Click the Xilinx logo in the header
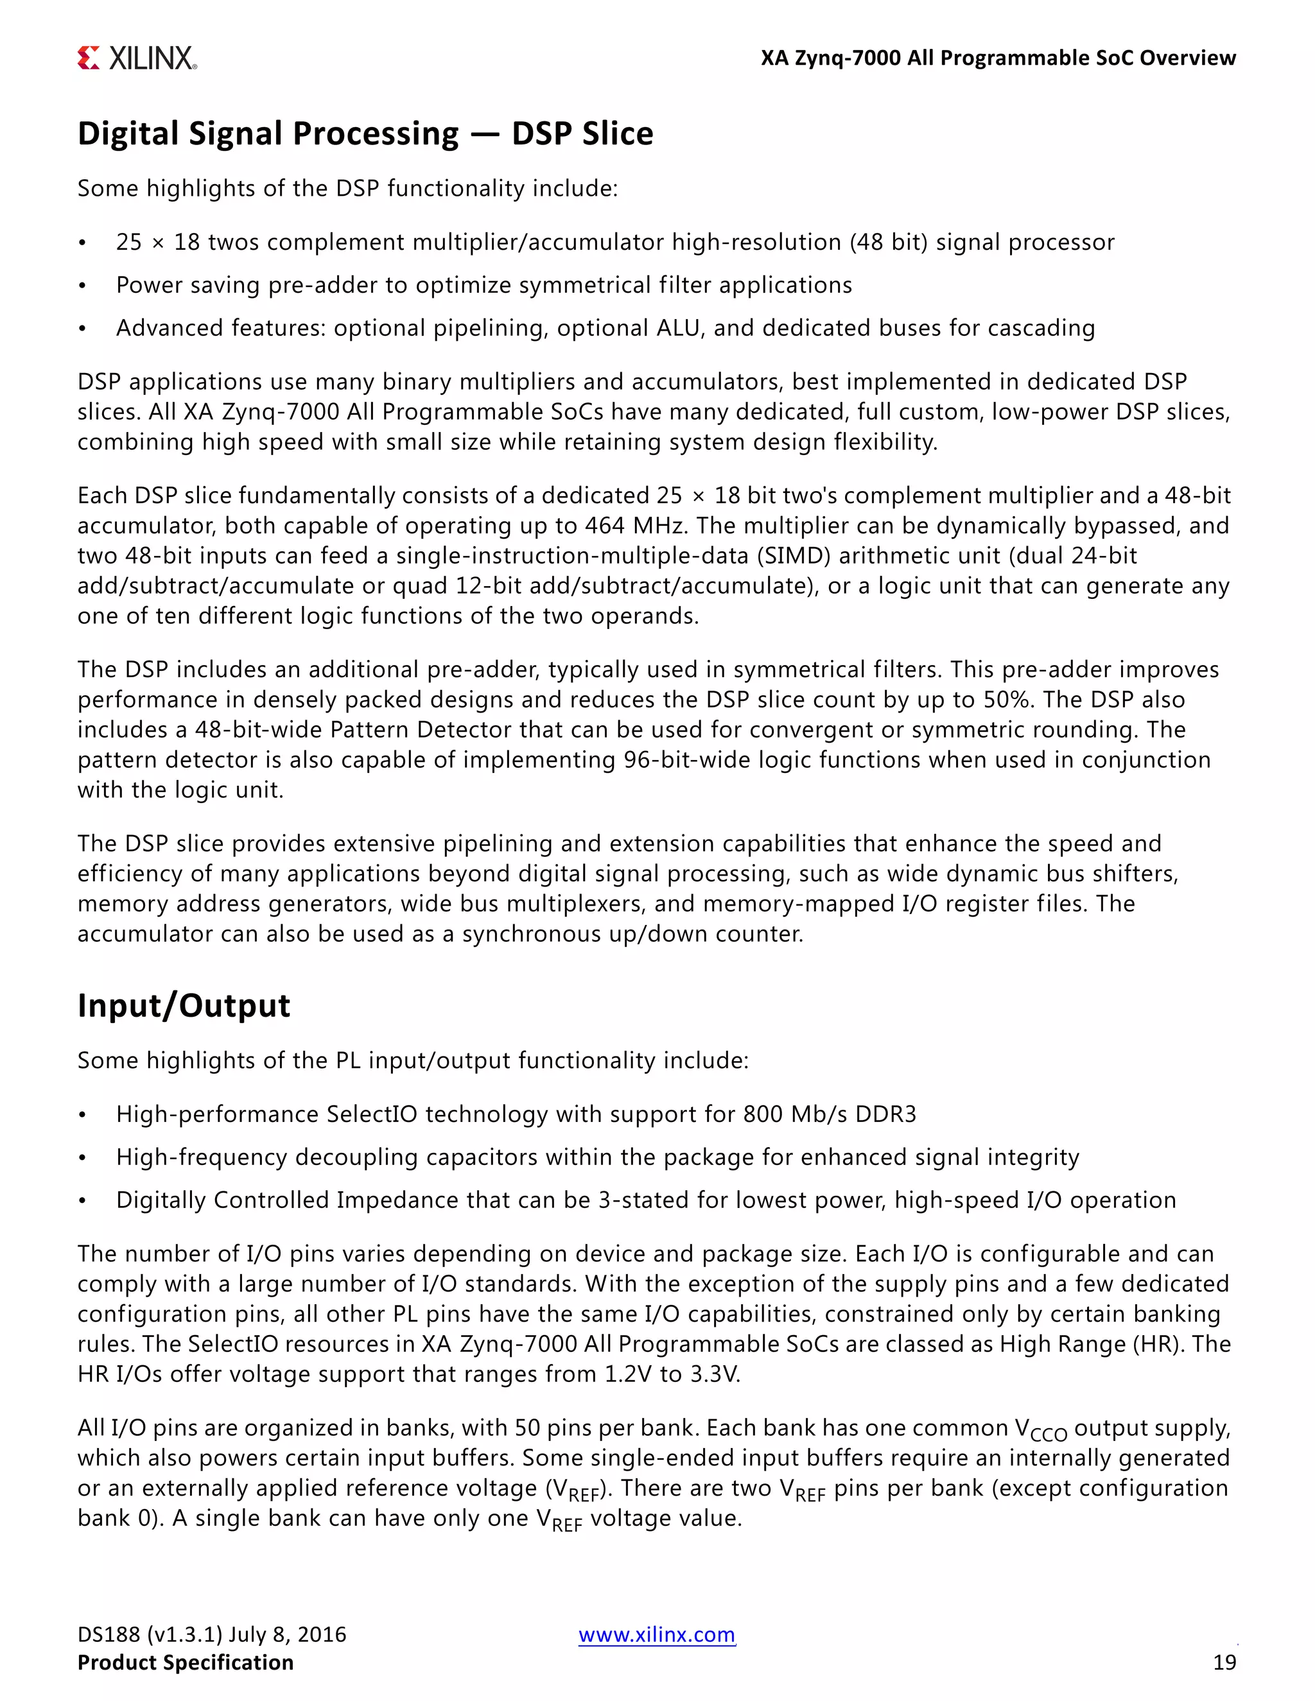tap(137, 58)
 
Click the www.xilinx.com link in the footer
tap(656, 1634)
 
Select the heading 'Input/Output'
tap(184, 1005)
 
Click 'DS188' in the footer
tap(109, 1634)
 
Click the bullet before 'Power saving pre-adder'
tap(82, 286)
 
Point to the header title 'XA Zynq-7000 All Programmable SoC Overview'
tap(998, 58)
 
